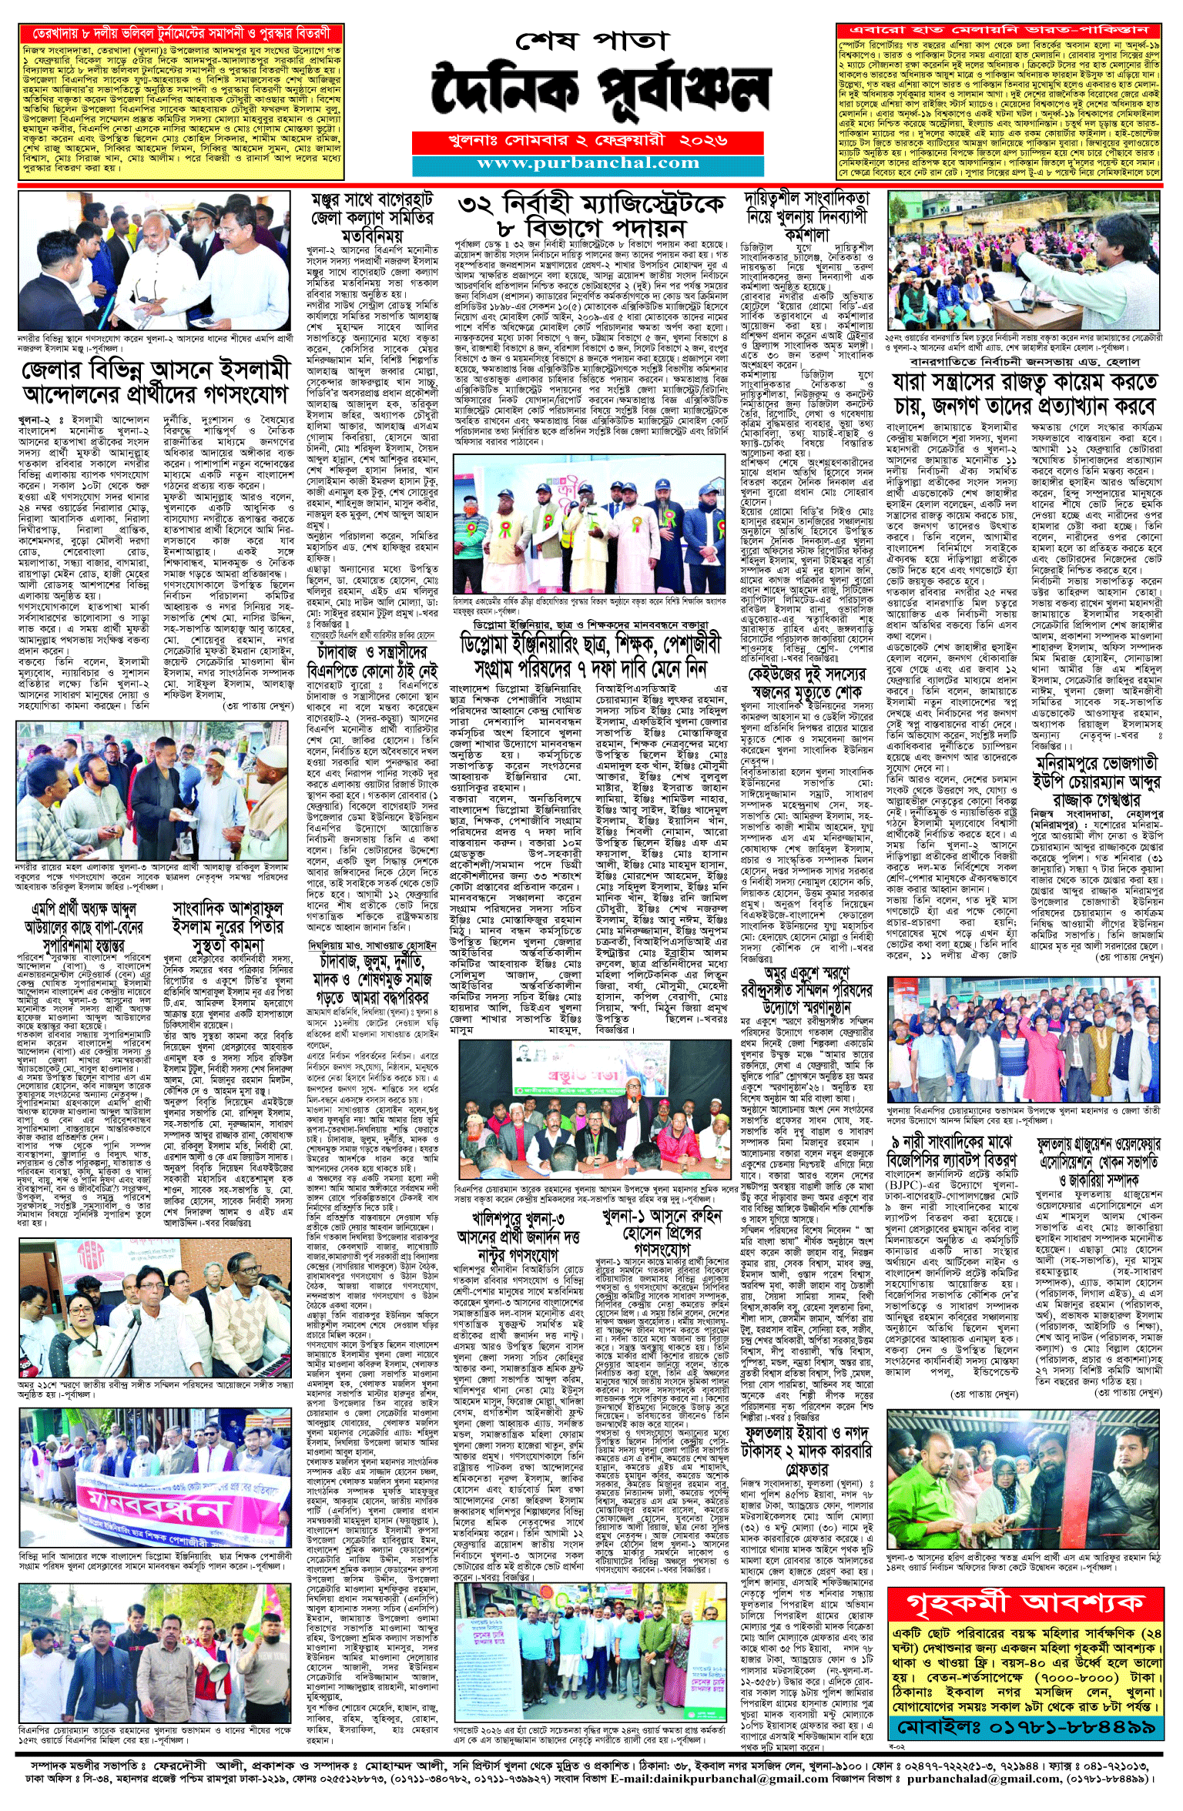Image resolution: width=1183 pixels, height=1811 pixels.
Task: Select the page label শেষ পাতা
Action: pos(589,40)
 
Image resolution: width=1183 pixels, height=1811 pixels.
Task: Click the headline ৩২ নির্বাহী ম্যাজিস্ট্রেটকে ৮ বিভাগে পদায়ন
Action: pos(591,216)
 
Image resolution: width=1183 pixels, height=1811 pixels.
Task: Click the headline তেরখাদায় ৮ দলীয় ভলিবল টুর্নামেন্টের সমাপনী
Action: pos(181,33)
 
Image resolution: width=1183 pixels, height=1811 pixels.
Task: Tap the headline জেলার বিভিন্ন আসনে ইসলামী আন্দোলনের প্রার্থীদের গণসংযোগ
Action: pos(156,383)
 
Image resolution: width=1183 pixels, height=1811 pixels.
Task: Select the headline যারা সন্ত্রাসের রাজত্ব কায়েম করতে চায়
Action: pos(1024,393)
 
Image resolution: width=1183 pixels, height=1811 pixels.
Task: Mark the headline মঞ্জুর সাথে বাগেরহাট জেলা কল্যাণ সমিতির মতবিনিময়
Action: pos(372,218)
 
